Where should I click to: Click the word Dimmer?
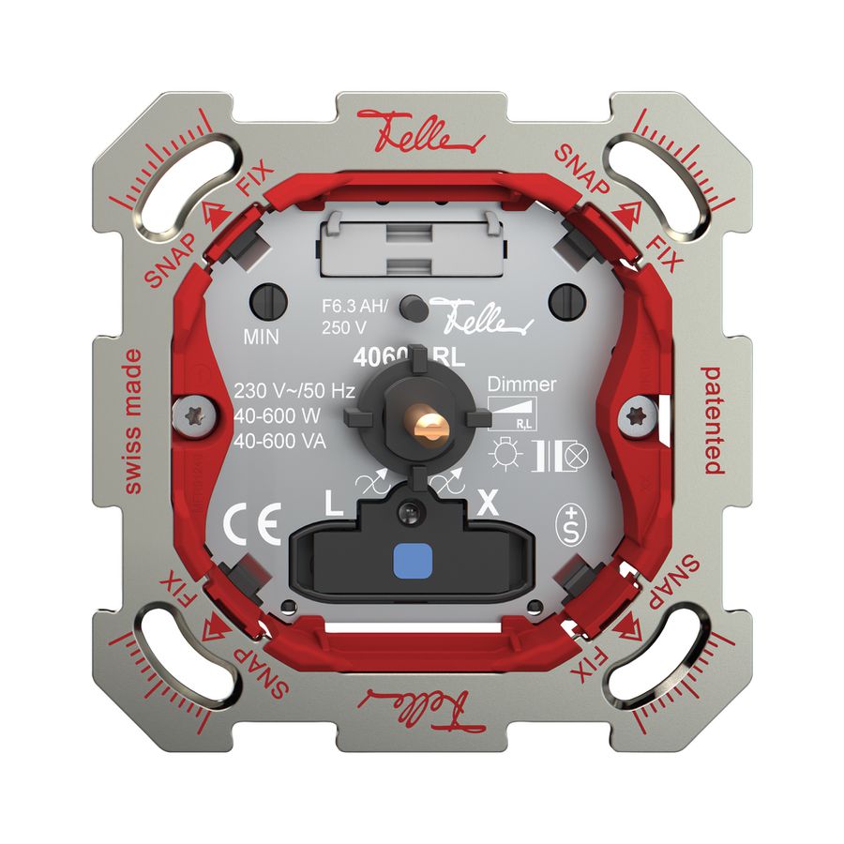click(522, 384)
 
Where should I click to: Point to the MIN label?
click(264, 335)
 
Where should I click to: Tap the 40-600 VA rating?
click(279, 442)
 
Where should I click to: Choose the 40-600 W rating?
click(278, 416)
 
